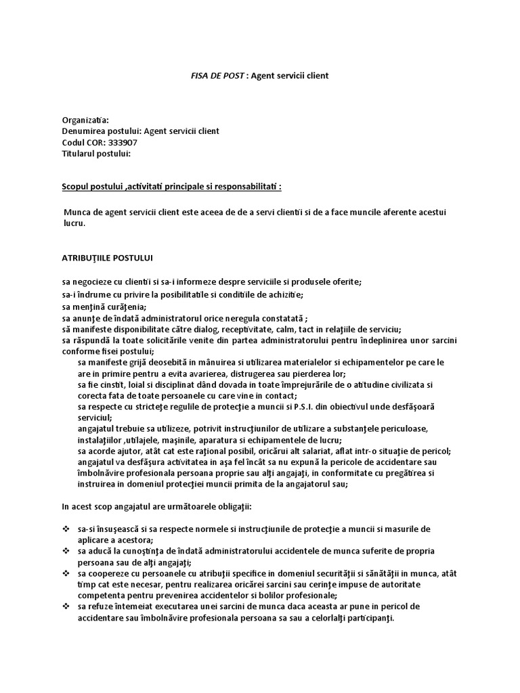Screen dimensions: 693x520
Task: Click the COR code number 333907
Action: pyautogui.click(x=123, y=142)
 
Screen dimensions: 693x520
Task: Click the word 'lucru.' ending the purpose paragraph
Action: pyautogui.click(x=75, y=223)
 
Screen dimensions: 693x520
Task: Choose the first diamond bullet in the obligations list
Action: pyautogui.click(x=66, y=529)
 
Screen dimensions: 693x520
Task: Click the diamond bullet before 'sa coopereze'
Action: pyautogui.click(x=66, y=574)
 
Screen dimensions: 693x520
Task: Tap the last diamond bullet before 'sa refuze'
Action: pyautogui.click(x=66, y=607)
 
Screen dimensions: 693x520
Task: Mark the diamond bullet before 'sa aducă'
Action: pyautogui.click(x=66, y=552)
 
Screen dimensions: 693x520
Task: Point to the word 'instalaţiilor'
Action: pyautogui.click(x=102, y=440)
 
